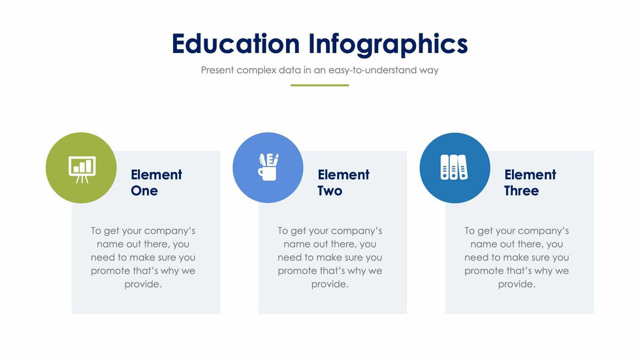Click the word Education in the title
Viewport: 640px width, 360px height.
tap(236, 44)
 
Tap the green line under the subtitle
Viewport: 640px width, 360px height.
tap(319, 86)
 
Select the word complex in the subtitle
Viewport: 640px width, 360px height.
tap(256, 71)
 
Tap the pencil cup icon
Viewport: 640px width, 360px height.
tap(268, 167)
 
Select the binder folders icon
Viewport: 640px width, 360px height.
tap(454, 167)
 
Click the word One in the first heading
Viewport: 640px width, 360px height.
tap(144, 191)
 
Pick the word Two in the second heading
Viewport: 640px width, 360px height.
tap(330, 191)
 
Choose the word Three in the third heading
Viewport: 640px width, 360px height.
tap(522, 191)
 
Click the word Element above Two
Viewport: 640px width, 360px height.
tap(344, 174)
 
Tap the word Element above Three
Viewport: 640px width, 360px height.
tap(530, 174)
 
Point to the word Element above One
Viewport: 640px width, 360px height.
tap(156, 174)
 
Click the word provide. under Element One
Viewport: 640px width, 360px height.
tap(143, 284)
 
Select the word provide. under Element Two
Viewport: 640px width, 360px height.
tap(330, 284)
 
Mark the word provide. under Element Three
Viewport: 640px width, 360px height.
tap(517, 284)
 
